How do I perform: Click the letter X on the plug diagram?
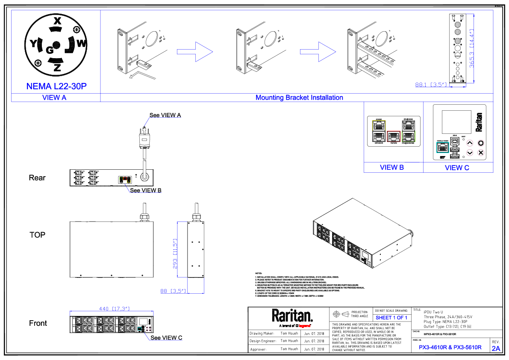click(58, 21)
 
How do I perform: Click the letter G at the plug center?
click(50, 50)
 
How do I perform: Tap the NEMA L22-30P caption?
click(56, 86)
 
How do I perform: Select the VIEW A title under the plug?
click(54, 97)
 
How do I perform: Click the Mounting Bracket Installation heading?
click(299, 97)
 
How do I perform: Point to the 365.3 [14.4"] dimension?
click(472, 49)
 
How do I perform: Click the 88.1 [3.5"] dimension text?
click(431, 85)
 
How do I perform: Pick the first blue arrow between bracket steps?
click(195, 52)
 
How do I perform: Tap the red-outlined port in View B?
click(393, 136)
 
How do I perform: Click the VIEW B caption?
click(391, 167)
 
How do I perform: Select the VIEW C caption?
click(457, 168)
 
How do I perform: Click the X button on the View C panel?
click(480, 152)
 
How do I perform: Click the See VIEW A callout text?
click(165, 115)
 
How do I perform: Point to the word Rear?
click(37, 177)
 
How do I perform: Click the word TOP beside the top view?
click(37, 235)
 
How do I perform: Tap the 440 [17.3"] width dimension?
click(114, 308)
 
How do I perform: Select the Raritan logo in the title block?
click(292, 316)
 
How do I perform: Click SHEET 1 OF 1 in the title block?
click(391, 318)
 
